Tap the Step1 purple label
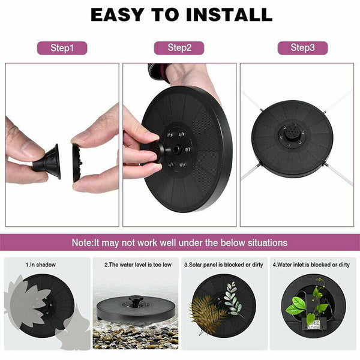[x=62, y=48]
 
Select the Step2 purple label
[x=179, y=48]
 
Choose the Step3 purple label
[x=302, y=48]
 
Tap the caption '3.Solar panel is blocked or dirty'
[x=223, y=265]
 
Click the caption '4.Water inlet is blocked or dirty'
[x=311, y=265]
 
